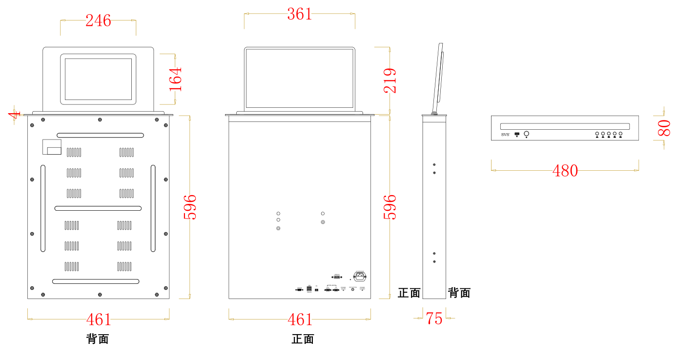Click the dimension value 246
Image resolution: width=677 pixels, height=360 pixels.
pos(98,20)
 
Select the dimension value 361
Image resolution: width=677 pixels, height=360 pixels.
pos(299,14)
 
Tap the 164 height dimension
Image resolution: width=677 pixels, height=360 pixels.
pos(175,79)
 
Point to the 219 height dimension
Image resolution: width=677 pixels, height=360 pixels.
pos(390,80)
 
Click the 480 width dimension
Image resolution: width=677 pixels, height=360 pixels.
pos(565,171)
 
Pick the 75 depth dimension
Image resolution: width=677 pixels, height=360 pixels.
pos(434,319)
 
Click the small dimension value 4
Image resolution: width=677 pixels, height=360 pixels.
pos(14,115)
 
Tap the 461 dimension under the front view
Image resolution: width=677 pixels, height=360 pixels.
pos(300,320)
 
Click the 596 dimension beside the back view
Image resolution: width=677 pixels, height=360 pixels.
pos(189,207)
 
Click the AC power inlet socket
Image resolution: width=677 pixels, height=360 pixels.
pos(360,277)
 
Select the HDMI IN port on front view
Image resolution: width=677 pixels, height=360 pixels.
pos(337,277)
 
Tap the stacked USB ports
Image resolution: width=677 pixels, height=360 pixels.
pos(309,289)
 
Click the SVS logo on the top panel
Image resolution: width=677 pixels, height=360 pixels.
pos(505,134)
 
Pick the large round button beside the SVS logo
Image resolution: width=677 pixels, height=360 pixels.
pos(527,133)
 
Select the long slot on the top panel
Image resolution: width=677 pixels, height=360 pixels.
pos(565,126)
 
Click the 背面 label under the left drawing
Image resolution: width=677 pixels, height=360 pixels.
pos(98,339)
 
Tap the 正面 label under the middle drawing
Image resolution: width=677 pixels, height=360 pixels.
pos(303,339)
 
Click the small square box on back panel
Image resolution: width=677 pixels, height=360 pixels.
pos(52,147)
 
